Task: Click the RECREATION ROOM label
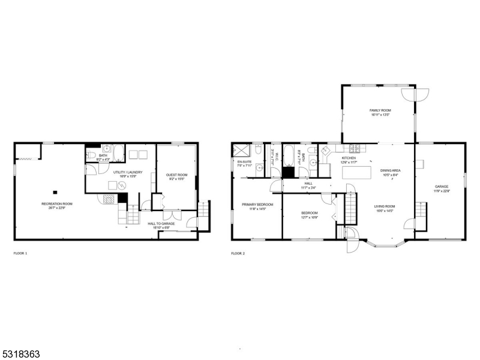pos(57,204)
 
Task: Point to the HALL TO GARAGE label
pos(161,223)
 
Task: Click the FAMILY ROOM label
pos(380,111)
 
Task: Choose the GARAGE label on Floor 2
pos(442,187)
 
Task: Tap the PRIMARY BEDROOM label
pos(257,205)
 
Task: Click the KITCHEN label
pos(349,158)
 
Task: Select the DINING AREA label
pos(390,170)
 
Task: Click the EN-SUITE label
pos(244,162)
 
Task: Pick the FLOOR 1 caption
pos(20,253)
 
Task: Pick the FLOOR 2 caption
pos(238,253)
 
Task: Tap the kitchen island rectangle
pos(353,172)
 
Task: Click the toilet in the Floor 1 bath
pos(91,156)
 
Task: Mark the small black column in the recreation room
pos(55,192)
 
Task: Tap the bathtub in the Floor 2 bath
pos(289,155)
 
